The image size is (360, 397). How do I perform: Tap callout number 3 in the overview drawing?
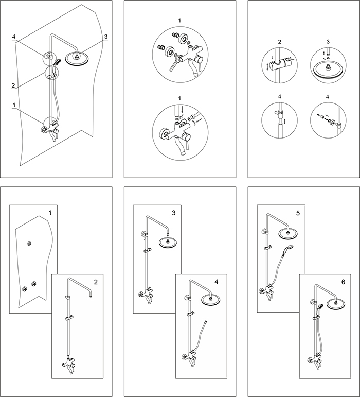tap(106, 37)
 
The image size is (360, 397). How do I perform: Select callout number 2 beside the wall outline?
tap(13, 85)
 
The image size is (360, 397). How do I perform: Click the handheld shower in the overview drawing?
tap(56, 63)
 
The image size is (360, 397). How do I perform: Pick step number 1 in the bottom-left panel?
tap(50, 213)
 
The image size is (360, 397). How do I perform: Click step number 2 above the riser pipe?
tap(96, 282)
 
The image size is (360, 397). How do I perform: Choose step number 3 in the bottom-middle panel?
tap(174, 213)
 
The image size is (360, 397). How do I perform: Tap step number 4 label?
tap(217, 282)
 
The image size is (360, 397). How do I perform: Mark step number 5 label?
tap(298, 213)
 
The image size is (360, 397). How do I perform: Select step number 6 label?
tap(343, 282)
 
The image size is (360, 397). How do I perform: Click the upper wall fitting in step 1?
tap(29, 244)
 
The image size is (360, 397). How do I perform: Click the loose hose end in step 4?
tap(206, 322)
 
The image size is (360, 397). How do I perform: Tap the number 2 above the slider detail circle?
tap(279, 42)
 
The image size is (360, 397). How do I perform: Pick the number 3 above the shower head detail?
tap(328, 42)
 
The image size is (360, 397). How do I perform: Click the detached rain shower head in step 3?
tap(168, 243)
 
